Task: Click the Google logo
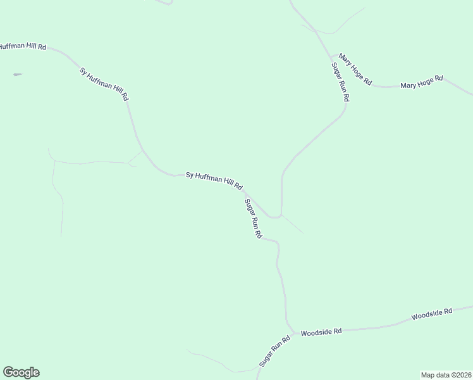click(21, 372)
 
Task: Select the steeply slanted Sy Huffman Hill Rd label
click(104, 84)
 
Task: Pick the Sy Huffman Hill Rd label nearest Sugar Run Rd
click(214, 180)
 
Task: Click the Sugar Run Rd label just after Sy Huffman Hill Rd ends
click(253, 218)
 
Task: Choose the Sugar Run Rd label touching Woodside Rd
click(274, 351)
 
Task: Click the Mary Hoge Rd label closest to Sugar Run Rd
click(355, 70)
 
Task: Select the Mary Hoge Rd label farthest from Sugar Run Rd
click(422, 82)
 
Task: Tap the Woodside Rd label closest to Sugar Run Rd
click(321, 332)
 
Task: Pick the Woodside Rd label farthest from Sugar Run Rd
click(432, 313)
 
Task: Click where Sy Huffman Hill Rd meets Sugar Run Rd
click(245, 191)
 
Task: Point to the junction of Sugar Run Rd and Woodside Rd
click(292, 331)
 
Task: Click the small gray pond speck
click(17, 75)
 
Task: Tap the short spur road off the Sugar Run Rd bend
click(292, 224)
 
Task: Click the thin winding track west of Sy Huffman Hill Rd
click(57, 190)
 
